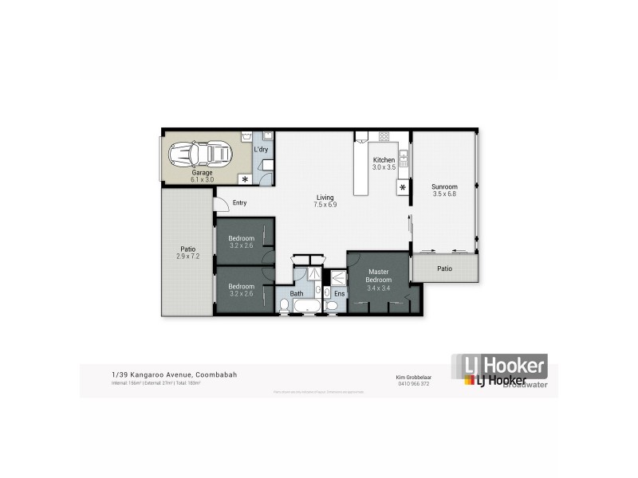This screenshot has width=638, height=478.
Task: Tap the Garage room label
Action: [x=201, y=172]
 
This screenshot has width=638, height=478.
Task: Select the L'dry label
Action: [x=261, y=149]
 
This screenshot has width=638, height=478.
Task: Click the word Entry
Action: [x=239, y=203]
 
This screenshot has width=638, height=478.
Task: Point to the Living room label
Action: [x=325, y=198]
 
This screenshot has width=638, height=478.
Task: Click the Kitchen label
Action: [x=384, y=160]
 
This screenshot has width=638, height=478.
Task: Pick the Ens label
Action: [x=339, y=294]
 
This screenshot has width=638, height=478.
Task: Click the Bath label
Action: [x=297, y=294]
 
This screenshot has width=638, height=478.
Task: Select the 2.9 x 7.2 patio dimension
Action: [x=187, y=257]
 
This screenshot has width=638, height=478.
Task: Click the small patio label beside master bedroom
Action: [x=444, y=268]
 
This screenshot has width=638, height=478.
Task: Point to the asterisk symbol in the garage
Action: [x=245, y=179]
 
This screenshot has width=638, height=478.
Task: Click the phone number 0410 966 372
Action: [x=413, y=383]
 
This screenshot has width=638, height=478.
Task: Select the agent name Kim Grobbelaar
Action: [x=413, y=376]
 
